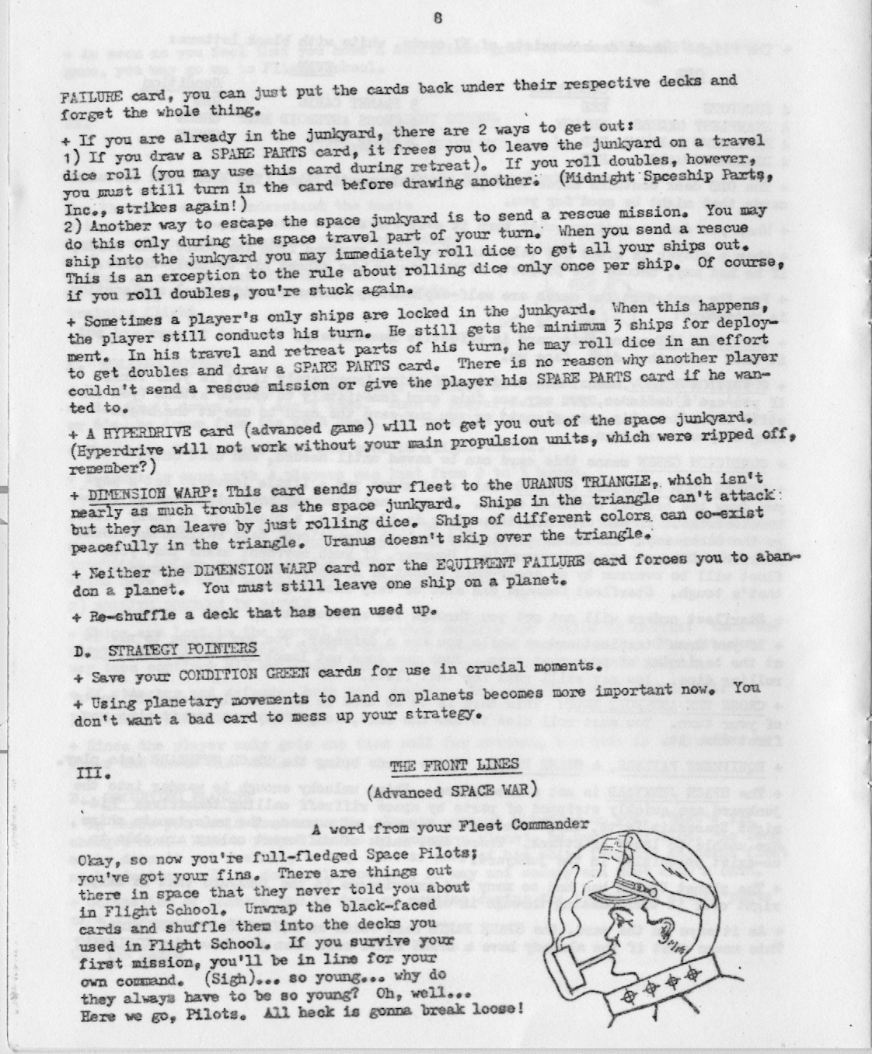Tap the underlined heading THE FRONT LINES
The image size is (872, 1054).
(455, 765)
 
